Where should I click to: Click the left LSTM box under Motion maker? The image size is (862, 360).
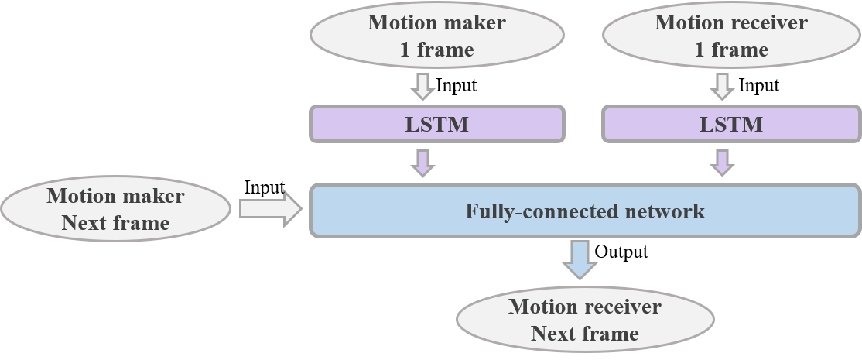[x=437, y=124]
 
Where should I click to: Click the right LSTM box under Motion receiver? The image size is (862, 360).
[x=731, y=124]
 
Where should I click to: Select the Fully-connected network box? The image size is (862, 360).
[x=585, y=211]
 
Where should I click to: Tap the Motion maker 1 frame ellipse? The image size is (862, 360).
[x=436, y=36]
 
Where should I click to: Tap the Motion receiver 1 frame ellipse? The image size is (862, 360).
[x=730, y=36]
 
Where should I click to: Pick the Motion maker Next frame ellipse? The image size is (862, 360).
[x=115, y=209]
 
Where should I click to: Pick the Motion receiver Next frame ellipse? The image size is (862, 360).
[x=585, y=320]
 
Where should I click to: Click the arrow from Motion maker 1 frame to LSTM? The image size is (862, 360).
[x=422, y=86]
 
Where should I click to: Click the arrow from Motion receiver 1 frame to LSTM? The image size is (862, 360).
[x=722, y=86]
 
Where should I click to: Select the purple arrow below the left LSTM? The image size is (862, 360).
[x=422, y=162]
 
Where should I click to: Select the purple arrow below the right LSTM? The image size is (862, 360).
[x=722, y=162]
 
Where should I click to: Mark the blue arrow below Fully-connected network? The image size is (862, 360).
[x=580, y=259]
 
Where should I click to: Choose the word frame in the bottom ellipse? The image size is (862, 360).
[x=611, y=334]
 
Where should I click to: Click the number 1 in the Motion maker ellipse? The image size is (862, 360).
[x=405, y=50]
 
